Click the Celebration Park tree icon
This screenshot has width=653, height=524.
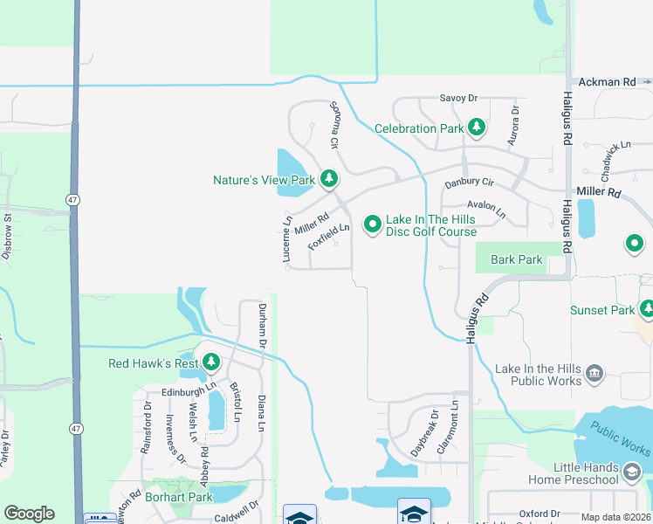[x=476, y=128]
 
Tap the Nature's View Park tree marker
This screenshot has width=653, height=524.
[x=328, y=180]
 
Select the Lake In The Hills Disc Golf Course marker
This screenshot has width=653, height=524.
[x=373, y=225]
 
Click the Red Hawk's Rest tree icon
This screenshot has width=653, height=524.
[x=210, y=362]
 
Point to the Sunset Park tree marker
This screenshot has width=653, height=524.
[x=647, y=309]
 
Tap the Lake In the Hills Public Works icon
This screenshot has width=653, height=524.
[x=595, y=374]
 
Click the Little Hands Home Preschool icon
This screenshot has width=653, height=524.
[x=631, y=472]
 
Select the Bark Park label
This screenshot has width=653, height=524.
[x=517, y=259]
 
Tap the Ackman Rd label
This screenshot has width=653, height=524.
[x=605, y=82]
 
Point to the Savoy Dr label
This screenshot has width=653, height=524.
[x=459, y=98]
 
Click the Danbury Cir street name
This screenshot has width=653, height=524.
[x=470, y=183]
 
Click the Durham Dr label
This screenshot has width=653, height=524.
[x=262, y=323]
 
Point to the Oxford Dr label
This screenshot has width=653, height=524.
[x=537, y=514]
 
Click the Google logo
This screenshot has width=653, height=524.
[x=29, y=514]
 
